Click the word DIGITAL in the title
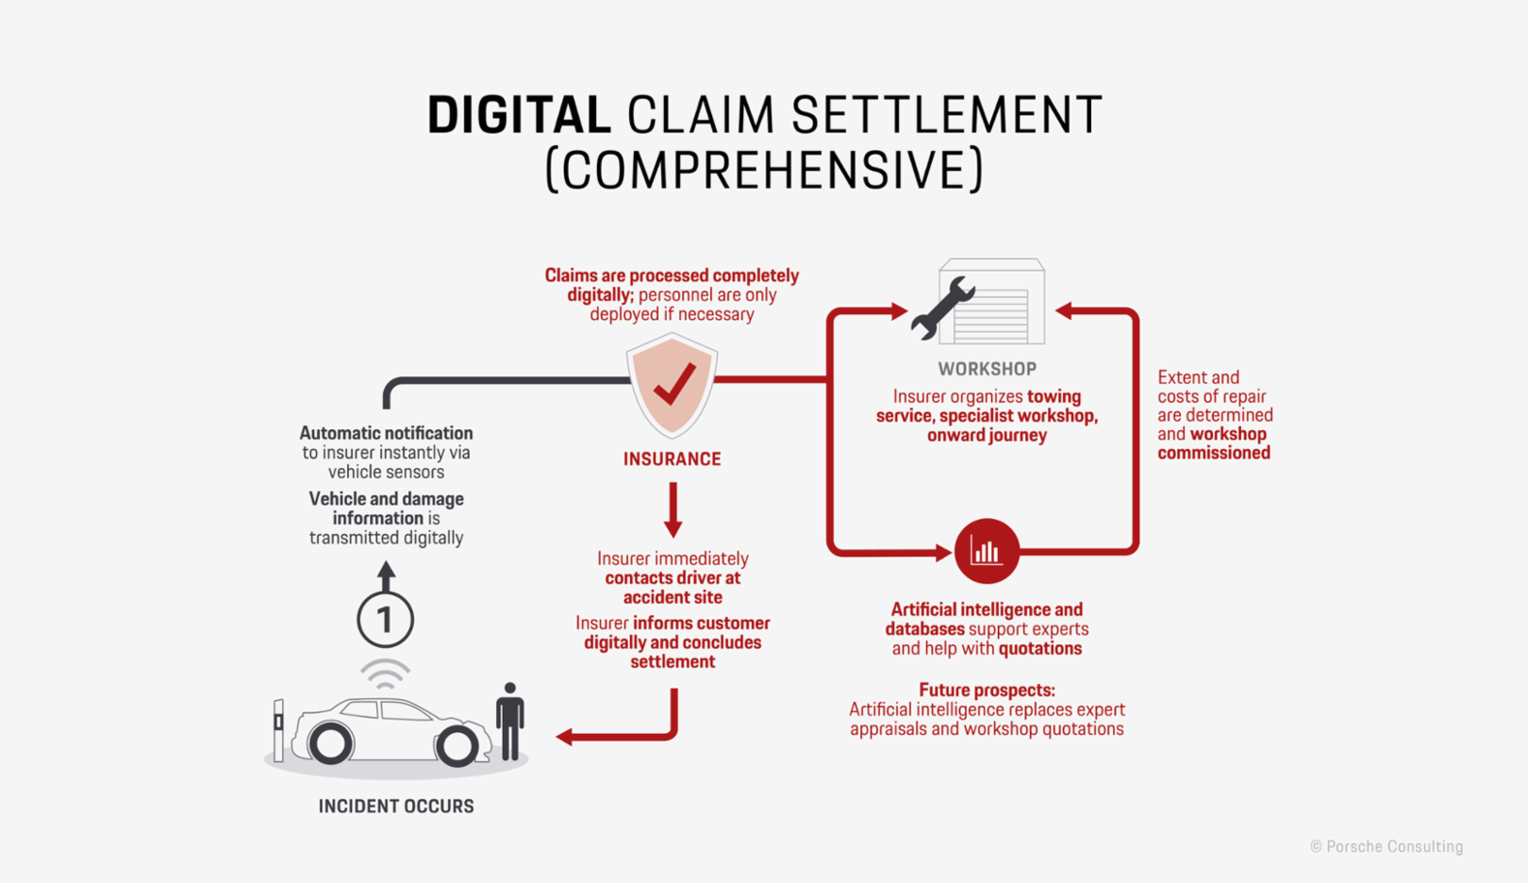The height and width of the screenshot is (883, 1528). (x=519, y=115)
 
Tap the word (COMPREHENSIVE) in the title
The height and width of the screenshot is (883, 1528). (x=764, y=171)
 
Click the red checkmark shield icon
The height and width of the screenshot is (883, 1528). (x=673, y=384)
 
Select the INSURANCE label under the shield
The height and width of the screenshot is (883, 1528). (x=672, y=459)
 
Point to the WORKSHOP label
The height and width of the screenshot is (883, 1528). (x=987, y=369)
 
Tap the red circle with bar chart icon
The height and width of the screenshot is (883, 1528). (x=987, y=551)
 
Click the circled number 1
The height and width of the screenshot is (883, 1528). (x=385, y=620)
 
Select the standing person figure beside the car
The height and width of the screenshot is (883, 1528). (x=510, y=721)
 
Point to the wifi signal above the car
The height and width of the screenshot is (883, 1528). (x=385, y=674)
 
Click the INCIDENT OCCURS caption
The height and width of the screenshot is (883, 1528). (x=396, y=807)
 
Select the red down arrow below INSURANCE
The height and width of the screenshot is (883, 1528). (x=673, y=510)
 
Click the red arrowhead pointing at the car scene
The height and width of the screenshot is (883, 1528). (x=565, y=737)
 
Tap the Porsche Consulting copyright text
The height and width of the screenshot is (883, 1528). (x=1387, y=847)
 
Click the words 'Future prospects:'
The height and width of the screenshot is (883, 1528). (x=987, y=690)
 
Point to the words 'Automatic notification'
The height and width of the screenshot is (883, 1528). (x=386, y=433)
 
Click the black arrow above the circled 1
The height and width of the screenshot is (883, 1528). (x=386, y=575)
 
